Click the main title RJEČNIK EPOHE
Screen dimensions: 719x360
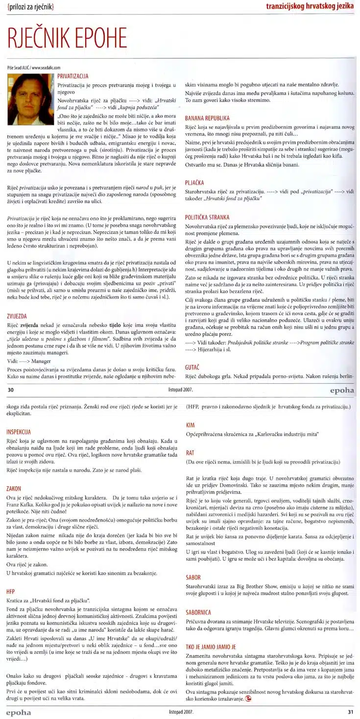pyautogui.click(x=67, y=38)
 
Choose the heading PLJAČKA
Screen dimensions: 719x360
pyautogui.click(x=194, y=182)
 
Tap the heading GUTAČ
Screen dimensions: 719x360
pyautogui.click(x=192, y=367)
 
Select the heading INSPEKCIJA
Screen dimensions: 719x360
pyautogui.click(x=19, y=432)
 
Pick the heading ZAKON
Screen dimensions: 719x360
pyautogui.click(x=14, y=489)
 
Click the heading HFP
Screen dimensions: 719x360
pyautogui.click(x=11, y=591)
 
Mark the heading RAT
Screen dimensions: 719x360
pyautogui.click(x=190, y=453)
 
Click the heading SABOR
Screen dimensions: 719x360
pyautogui.click(x=193, y=577)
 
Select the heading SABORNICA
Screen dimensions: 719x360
pyautogui.click(x=198, y=612)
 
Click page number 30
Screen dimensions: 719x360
pyautogui.click(x=10, y=390)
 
